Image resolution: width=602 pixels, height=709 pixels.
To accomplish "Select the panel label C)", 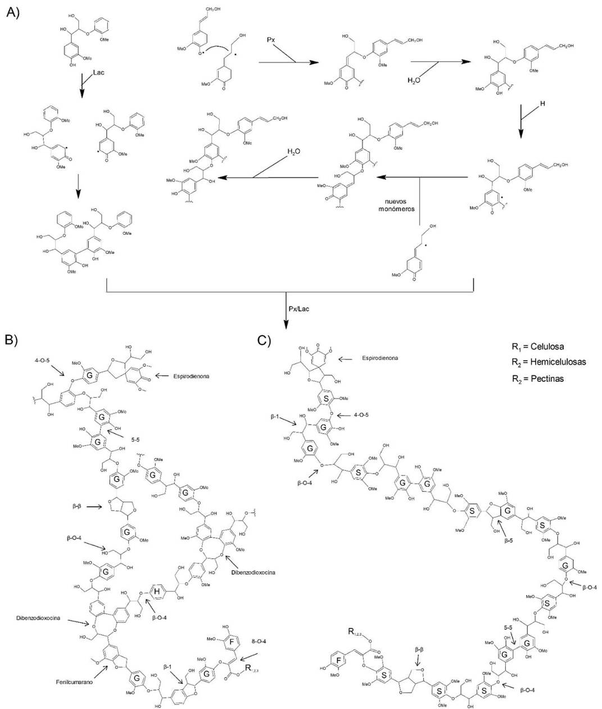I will tap(265, 340).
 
